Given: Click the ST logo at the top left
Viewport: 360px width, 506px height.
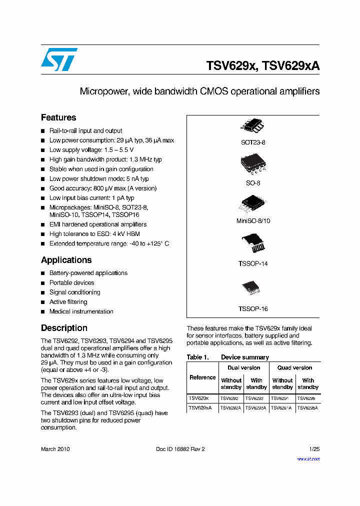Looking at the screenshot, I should click(x=59, y=59).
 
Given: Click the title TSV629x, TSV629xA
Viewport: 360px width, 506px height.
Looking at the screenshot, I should click(x=263, y=66).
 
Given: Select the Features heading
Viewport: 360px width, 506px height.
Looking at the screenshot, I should click(x=58, y=117).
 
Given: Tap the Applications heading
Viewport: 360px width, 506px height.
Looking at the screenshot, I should click(x=66, y=260).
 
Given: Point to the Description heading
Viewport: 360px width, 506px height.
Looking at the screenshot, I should click(x=64, y=328).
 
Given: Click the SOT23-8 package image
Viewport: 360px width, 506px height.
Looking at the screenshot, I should click(x=253, y=126).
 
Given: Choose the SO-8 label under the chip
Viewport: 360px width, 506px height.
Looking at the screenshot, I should click(x=253, y=183).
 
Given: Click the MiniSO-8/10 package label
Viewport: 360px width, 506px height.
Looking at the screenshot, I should click(x=253, y=220).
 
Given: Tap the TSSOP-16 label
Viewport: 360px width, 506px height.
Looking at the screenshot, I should click(x=253, y=309).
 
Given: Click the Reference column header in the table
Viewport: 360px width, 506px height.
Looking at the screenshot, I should click(x=203, y=377).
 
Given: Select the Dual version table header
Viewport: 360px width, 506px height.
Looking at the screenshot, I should click(x=244, y=368).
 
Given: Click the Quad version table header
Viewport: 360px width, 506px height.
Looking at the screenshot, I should click(x=295, y=368).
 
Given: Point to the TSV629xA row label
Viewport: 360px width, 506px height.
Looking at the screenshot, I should click(x=200, y=408).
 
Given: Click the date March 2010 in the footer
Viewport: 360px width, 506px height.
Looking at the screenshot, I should click(x=55, y=449).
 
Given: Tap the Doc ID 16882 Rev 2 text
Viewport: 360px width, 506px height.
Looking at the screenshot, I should click(x=180, y=449).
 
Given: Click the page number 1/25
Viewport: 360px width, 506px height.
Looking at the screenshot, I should click(x=314, y=449).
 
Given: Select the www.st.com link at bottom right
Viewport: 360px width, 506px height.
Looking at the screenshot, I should click(x=308, y=459).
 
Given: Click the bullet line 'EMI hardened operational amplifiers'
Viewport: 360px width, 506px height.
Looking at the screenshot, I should click(x=98, y=224).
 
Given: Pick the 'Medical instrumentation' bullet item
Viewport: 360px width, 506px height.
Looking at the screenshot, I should click(x=81, y=311).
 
